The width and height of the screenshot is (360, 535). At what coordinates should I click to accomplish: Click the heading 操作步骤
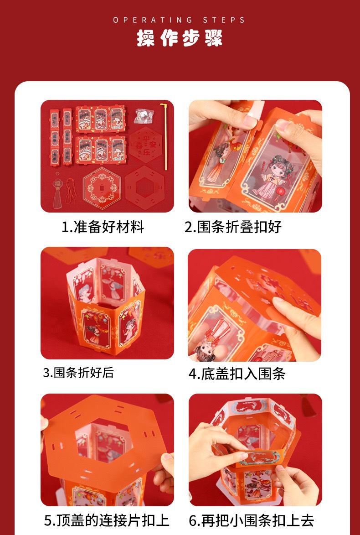[x=180, y=38]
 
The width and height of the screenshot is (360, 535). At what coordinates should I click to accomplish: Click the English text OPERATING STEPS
[x=180, y=20]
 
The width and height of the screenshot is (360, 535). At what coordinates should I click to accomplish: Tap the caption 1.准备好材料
[x=103, y=227]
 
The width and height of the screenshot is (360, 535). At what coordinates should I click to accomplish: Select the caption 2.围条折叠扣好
[x=233, y=227]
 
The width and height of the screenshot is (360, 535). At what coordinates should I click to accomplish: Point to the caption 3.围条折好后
[x=78, y=373]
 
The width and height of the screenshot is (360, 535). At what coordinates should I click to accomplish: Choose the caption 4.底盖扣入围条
[x=237, y=374]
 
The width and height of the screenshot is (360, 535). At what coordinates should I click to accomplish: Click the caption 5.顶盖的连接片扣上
[x=107, y=520]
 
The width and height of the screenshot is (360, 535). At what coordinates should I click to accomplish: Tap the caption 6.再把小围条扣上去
[x=252, y=520]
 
